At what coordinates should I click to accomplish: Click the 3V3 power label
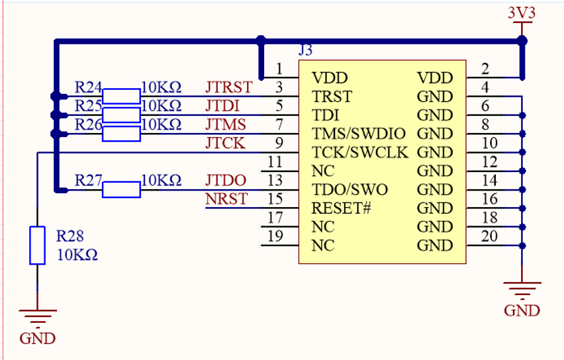coord(522,12)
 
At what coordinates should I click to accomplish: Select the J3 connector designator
coord(305,50)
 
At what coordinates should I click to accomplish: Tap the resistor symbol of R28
coord(37,246)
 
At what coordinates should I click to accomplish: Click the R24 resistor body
coord(121,96)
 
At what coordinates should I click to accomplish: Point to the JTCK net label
coord(224,143)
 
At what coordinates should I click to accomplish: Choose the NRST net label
coord(226,199)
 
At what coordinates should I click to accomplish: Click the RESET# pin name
coord(341,208)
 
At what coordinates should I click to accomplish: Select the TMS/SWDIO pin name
coord(359,134)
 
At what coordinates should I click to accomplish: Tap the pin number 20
coord(489,236)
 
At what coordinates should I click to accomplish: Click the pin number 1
coord(280,69)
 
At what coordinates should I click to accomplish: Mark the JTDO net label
coord(226,180)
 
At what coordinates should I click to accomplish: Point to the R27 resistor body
coord(121,190)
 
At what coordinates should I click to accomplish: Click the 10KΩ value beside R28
coord(76,255)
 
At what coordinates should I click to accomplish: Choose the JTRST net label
coord(228,87)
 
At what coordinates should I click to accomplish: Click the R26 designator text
coord(88,124)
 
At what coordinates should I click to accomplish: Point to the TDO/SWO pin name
coord(350,190)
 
